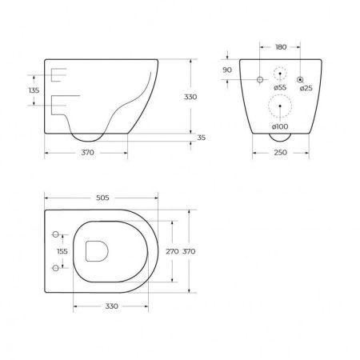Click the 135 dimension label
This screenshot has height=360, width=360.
coord(34,90)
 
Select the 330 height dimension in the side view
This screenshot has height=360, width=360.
coord(190,97)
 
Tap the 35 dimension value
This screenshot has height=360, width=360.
coord(202,138)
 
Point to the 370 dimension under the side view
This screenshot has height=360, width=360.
coord(87,153)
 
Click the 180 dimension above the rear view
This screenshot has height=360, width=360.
coord(281,47)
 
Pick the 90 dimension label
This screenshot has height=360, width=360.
coord(227,70)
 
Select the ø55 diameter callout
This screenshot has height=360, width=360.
coord(280,87)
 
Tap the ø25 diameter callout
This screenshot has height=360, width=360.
coord(306,88)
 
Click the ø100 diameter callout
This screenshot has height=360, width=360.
coord(280,126)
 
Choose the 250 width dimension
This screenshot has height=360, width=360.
coord(281,153)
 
